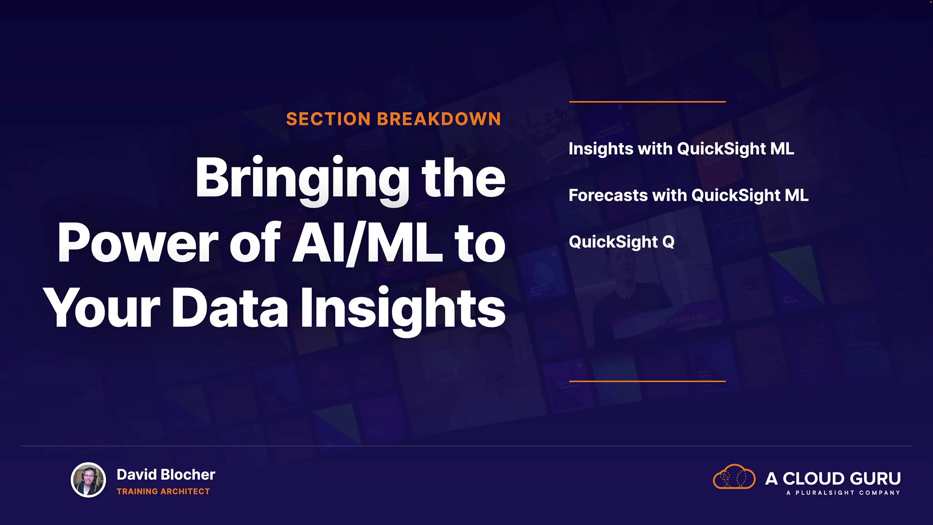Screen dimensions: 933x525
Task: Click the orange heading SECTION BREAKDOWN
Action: click(x=394, y=119)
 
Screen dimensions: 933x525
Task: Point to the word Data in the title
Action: click(x=230, y=308)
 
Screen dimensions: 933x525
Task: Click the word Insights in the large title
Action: click(x=403, y=310)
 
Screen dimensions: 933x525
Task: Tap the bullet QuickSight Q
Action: click(x=622, y=242)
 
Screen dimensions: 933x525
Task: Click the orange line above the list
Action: click(x=647, y=102)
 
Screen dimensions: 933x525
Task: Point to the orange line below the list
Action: click(x=647, y=381)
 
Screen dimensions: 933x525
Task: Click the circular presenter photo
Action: click(x=88, y=480)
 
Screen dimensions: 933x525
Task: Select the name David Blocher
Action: click(x=166, y=474)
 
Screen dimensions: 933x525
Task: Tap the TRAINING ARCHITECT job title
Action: click(x=163, y=491)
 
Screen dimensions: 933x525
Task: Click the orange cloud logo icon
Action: click(x=734, y=476)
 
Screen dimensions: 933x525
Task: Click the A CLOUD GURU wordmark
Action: click(x=833, y=478)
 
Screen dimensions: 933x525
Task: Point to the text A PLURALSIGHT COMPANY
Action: click(x=843, y=493)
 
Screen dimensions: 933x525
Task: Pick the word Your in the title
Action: click(x=102, y=308)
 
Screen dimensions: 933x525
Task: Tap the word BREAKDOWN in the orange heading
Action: click(x=439, y=119)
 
